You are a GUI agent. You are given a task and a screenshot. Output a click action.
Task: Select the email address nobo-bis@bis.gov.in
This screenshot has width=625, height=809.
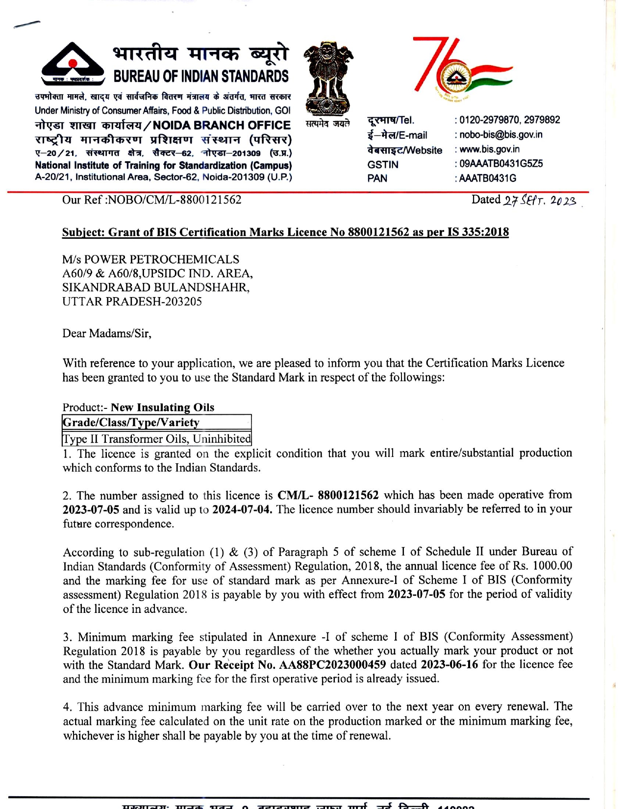[501, 135]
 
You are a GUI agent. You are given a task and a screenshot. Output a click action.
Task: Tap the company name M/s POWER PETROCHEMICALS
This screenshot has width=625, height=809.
[151, 259]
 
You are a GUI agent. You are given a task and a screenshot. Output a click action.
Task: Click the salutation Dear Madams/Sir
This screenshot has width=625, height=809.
[107, 333]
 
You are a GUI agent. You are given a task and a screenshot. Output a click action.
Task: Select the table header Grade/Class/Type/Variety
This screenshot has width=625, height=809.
[131, 422]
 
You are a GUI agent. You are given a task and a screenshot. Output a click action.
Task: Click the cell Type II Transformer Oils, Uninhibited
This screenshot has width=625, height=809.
[157, 438]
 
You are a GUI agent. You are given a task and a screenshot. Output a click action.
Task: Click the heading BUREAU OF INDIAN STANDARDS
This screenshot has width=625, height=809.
[201, 76]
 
